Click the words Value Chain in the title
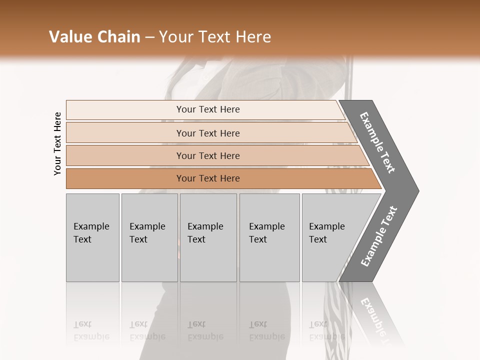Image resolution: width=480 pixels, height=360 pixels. pyautogui.click(x=94, y=37)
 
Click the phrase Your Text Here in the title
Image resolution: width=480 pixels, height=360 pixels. pyautogui.click(x=215, y=37)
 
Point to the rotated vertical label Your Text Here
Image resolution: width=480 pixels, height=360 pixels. pyautogui.click(x=57, y=143)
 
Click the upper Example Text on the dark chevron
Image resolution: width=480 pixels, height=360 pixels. pyautogui.click(x=377, y=142)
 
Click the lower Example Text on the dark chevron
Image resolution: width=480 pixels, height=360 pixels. pyautogui.click(x=379, y=236)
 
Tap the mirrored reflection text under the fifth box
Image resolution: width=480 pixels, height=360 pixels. pyautogui.click(x=326, y=331)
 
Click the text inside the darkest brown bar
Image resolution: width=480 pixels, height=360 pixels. pyautogui.click(x=208, y=178)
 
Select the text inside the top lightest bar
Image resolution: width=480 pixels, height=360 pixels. pyautogui.click(x=208, y=109)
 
